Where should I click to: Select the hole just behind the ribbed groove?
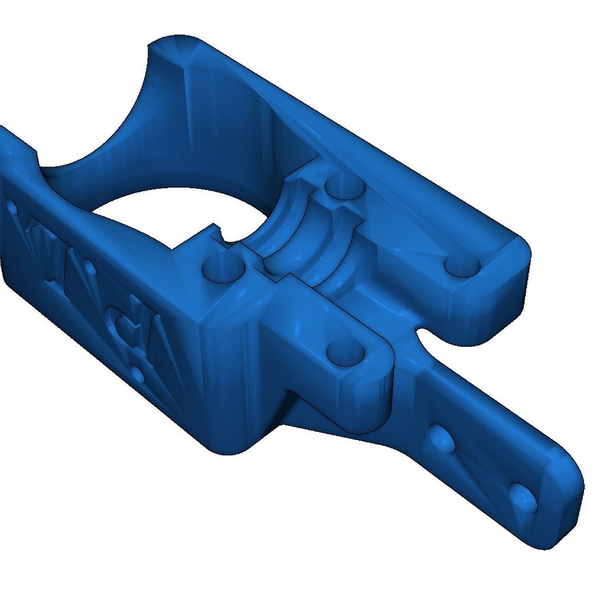tap(346, 188)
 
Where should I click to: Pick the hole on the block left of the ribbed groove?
tap(222, 268)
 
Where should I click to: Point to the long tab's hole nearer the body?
tap(441, 438)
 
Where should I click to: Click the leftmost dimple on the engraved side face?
tap(12, 206)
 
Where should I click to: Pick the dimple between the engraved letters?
tap(90, 268)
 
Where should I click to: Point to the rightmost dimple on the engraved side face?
tap(137, 373)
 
